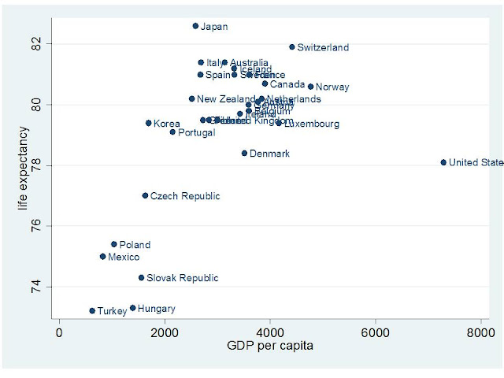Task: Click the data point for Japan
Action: pos(195,26)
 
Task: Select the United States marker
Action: pos(443,162)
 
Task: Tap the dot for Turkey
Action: pos(92,311)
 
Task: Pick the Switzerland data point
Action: pos(291,47)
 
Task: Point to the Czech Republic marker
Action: pos(145,195)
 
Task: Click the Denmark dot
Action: pos(244,153)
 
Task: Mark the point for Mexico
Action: pos(102,257)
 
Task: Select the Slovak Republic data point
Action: pos(141,278)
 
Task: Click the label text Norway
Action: pos(332,87)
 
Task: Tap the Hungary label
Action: pos(156,309)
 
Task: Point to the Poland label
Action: pos(135,245)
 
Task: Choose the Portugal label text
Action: pos(197,132)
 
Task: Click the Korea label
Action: pos(167,124)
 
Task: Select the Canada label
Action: pos(287,83)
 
